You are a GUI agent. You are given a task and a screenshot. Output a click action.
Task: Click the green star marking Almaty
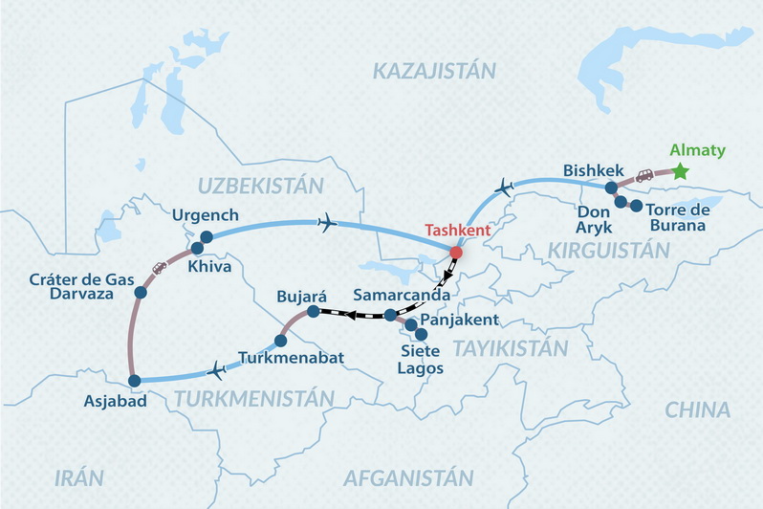680,171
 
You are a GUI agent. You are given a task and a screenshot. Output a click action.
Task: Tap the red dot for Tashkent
456,253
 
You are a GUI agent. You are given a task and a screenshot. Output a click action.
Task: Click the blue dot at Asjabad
134,380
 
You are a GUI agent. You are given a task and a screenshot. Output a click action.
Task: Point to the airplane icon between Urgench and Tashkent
328,224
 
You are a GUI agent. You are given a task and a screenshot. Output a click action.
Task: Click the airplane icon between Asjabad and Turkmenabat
215,369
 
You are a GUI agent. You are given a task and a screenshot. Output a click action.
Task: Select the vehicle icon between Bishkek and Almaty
645,176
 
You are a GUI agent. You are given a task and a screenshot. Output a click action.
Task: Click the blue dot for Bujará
313,311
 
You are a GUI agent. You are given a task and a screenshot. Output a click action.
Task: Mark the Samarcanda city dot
391,315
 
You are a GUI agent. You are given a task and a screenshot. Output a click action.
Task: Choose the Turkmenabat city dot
280,341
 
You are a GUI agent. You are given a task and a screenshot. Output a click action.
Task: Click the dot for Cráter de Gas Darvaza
141,292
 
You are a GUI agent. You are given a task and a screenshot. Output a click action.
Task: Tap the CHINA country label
697,409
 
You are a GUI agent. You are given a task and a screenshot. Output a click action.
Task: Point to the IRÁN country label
79,476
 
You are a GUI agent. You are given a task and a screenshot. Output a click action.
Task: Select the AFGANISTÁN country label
408,476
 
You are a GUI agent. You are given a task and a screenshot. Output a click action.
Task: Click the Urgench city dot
206,236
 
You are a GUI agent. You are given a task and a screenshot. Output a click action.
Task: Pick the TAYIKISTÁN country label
512,347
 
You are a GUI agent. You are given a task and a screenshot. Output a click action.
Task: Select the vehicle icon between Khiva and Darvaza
160,269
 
